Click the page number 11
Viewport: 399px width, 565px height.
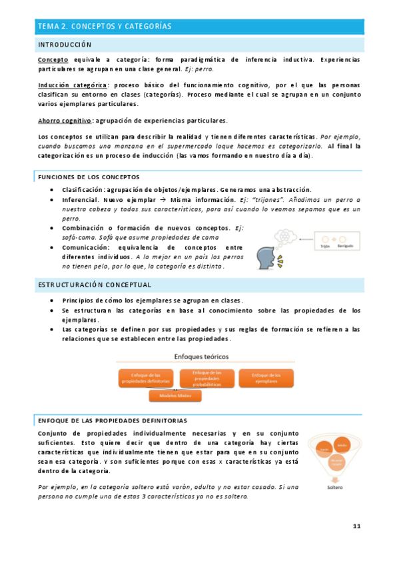pos(356,526)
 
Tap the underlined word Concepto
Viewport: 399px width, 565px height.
pos(53,60)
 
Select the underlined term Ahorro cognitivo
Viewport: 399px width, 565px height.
pos(65,121)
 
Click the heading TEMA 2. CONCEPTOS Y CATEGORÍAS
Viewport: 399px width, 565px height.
pos(105,27)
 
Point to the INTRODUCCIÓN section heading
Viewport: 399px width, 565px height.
pos(65,45)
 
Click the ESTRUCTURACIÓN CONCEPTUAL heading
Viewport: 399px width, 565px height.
pos(94,285)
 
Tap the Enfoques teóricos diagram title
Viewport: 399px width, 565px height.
pos(199,357)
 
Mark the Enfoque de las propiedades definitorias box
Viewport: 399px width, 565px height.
pos(142,378)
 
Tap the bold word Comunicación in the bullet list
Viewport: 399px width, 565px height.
pos(89,247)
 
